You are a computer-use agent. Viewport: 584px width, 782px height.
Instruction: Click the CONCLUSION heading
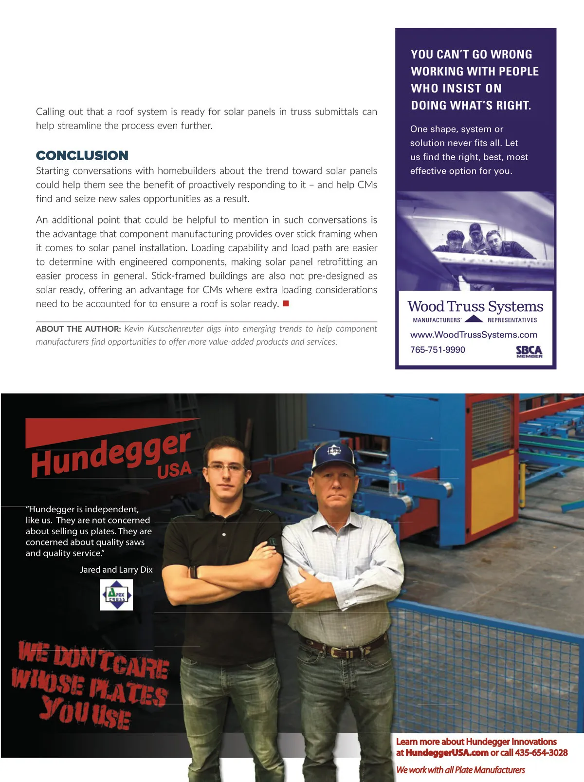click(x=82, y=155)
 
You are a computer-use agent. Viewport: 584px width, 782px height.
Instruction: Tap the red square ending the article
click(x=286, y=304)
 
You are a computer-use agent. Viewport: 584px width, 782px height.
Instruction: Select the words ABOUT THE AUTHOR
click(x=78, y=329)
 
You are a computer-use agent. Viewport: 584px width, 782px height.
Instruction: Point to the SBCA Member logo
click(x=529, y=352)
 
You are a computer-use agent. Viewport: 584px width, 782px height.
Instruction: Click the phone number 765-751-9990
click(x=438, y=350)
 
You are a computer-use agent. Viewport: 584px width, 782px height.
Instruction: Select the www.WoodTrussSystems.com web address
click(x=474, y=335)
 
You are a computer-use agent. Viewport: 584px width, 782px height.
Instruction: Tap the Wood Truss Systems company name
click(x=475, y=307)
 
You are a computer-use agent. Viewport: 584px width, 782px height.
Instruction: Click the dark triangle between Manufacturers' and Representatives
click(x=474, y=319)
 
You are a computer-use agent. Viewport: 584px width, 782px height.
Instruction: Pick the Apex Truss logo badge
click(x=116, y=595)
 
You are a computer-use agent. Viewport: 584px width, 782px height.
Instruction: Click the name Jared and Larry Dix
click(x=116, y=570)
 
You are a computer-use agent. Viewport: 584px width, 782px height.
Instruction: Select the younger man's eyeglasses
click(x=226, y=468)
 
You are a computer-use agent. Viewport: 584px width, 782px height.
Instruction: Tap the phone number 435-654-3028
click(x=541, y=753)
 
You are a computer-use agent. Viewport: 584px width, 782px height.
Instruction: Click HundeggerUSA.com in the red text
click(x=447, y=753)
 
